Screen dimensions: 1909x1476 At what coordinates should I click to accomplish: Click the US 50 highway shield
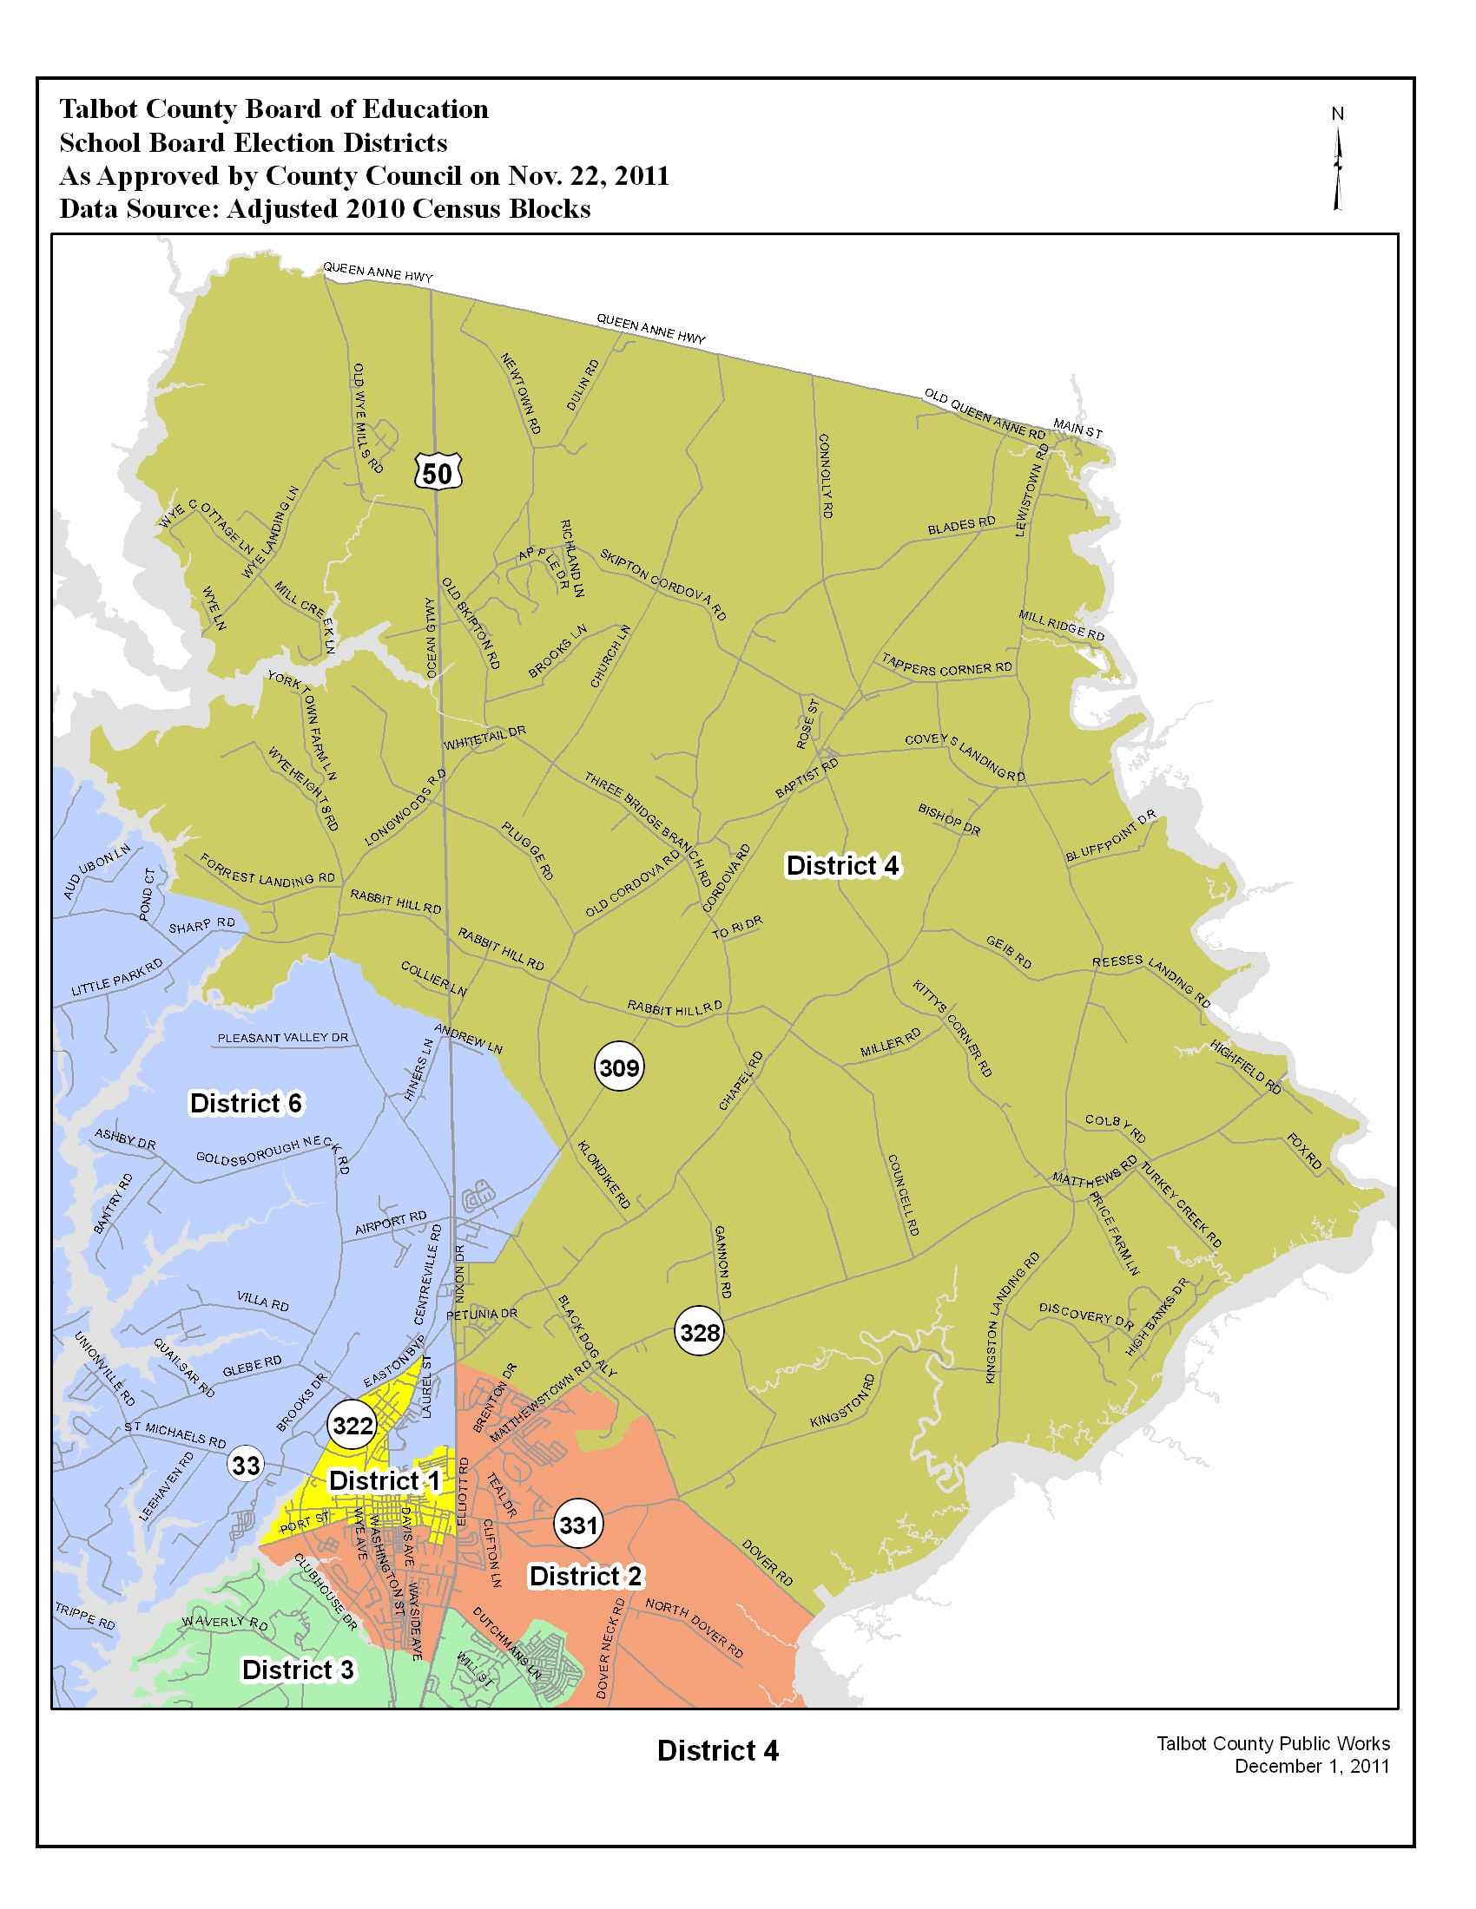[438, 473]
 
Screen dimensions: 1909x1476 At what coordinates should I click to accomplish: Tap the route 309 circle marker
[619, 1067]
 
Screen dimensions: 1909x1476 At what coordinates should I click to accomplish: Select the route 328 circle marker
[700, 1332]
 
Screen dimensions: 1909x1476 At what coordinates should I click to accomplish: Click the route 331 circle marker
[578, 1525]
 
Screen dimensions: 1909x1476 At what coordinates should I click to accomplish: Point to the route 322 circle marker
[353, 1426]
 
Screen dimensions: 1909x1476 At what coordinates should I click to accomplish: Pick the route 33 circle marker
[246, 1465]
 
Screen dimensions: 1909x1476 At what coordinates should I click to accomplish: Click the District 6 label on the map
[246, 1104]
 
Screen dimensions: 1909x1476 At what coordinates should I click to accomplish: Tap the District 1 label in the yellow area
[384, 1480]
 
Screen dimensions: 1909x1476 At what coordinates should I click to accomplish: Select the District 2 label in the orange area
[585, 1576]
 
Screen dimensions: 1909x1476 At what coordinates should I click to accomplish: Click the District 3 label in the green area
[297, 1670]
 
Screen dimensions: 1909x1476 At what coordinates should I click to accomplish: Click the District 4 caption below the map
[717, 1751]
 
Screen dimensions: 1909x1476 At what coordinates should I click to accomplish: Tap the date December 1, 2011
[1311, 1767]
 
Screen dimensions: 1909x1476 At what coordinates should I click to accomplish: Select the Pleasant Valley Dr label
[282, 1039]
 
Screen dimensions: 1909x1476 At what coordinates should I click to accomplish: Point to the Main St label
[1077, 429]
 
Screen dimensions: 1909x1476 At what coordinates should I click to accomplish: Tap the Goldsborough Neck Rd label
[273, 1155]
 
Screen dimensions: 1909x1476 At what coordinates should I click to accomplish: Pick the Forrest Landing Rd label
[267, 870]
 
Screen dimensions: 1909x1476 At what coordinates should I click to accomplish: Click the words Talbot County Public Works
[1272, 1744]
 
